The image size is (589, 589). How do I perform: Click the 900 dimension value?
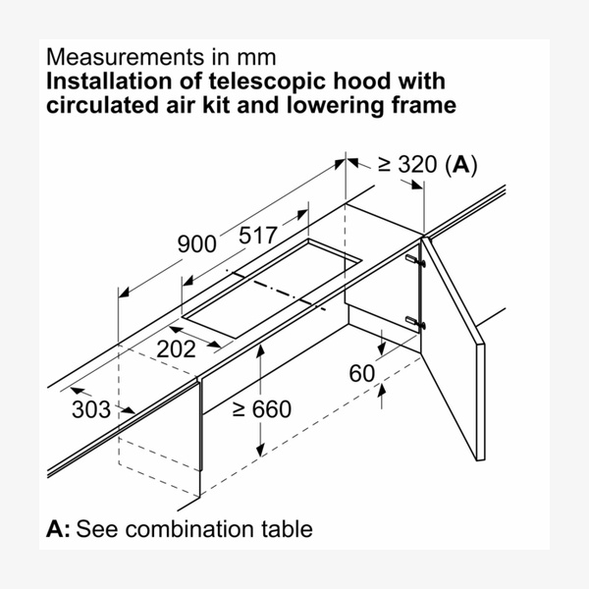coord(196,243)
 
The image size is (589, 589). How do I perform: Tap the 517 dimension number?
coord(258,236)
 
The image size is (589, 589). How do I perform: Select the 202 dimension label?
coord(176,348)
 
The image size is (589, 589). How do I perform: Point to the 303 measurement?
coord(91,409)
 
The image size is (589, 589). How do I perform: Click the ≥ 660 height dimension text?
coord(262,408)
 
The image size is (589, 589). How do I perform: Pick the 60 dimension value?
coord(361,373)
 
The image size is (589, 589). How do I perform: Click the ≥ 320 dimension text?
coord(407,164)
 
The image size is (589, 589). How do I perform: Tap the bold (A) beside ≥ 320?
coord(461,165)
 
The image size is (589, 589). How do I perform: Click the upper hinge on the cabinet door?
coord(415,260)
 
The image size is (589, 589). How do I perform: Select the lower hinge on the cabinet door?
coord(415,322)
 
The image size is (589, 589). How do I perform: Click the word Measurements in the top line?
coord(126,57)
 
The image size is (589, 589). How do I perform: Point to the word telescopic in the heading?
coord(267,81)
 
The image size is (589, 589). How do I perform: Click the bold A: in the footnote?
coord(58,528)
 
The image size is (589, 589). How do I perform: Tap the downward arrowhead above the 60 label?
coord(381,349)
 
